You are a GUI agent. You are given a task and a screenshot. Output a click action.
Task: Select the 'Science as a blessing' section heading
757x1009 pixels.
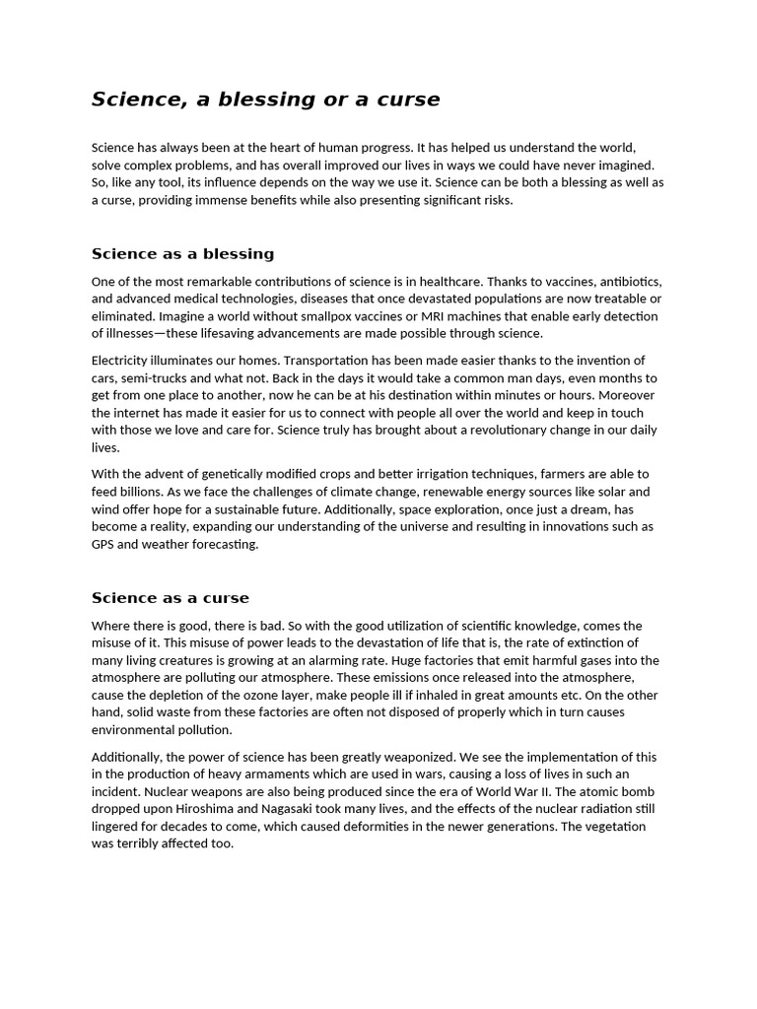click(x=182, y=254)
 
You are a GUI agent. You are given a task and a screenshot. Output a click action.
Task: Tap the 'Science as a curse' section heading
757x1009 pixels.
click(x=171, y=598)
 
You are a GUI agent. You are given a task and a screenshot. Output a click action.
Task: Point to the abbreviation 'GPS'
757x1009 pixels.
click(x=103, y=545)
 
